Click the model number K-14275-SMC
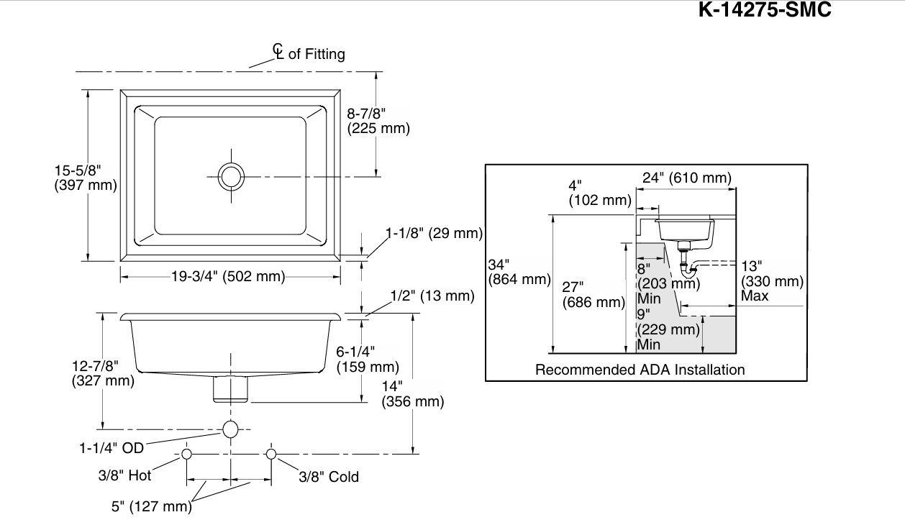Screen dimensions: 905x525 pyautogui.click(x=765, y=9)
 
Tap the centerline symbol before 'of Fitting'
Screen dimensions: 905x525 pyautogui.click(x=278, y=51)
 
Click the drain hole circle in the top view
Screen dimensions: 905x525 pyautogui.click(x=231, y=176)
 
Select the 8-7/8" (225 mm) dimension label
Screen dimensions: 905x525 pyautogui.click(x=378, y=121)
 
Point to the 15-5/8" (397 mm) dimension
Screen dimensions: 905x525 pyautogui.click(x=86, y=178)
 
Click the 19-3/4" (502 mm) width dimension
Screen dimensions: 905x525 pyautogui.click(x=228, y=276)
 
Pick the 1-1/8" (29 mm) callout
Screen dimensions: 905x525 pyautogui.click(x=435, y=233)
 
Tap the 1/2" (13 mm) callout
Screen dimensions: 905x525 pyautogui.click(x=432, y=296)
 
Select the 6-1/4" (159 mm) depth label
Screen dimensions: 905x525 pyautogui.click(x=368, y=360)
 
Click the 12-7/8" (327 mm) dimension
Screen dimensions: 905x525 pyautogui.click(x=103, y=373)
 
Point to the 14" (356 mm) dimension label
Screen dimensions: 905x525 pyautogui.click(x=413, y=394)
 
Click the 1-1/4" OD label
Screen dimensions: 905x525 pyautogui.click(x=112, y=448)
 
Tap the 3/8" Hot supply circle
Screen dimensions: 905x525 pyautogui.click(x=186, y=454)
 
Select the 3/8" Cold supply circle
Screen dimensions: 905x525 pyautogui.click(x=271, y=454)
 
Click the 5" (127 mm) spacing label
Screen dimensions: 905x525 pyautogui.click(x=152, y=506)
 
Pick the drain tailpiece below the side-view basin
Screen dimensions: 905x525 pyautogui.click(x=230, y=389)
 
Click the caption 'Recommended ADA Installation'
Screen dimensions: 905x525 pyautogui.click(x=640, y=370)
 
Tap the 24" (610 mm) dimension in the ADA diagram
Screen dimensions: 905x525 pyautogui.click(x=687, y=178)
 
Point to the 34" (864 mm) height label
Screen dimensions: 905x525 pyautogui.click(x=519, y=272)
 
